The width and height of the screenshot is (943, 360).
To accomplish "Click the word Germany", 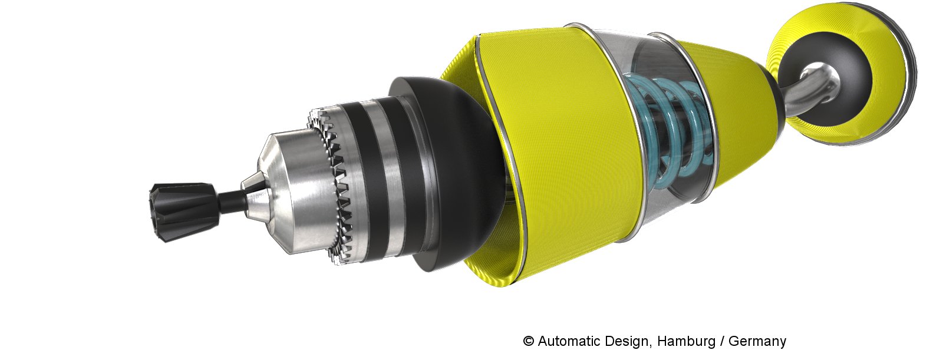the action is point(757,342).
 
